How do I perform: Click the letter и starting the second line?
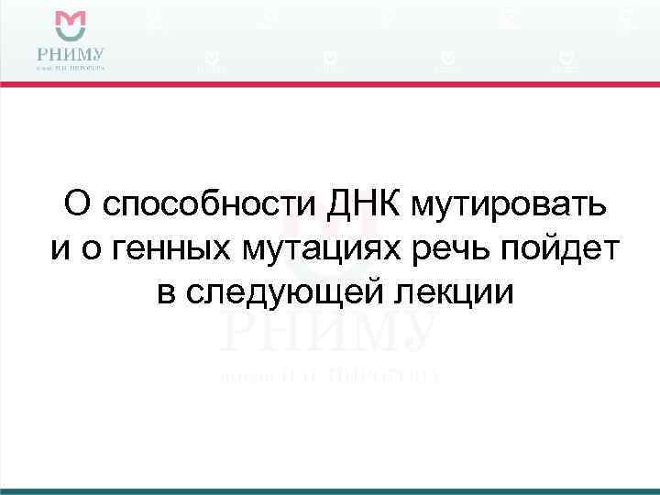pyautogui.click(x=59, y=248)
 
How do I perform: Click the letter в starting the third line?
pyautogui.click(x=164, y=292)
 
